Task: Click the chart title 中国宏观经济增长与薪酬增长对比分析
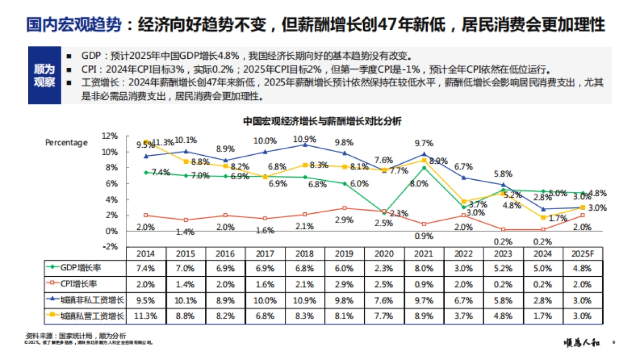point(322,121)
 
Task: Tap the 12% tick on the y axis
point(110,136)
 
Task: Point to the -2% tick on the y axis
point(109,246)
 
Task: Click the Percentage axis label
point(66,142)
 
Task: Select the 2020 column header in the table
point(385,253)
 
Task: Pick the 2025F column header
point(583,253)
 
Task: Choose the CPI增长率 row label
point(85,284)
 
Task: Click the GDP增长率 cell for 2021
point(424,268)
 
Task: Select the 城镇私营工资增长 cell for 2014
point(146,316)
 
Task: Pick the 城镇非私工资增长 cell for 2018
point(305,300)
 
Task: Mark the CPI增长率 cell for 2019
point(345,284)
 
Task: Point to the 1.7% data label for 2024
point(557,218)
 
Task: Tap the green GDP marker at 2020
point(384,212)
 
